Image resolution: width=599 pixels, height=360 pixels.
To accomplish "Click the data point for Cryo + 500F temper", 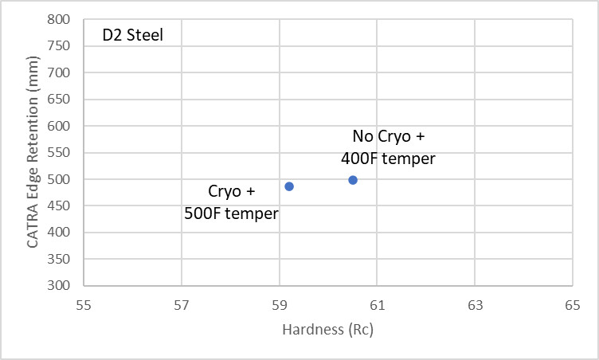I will tap(289, 186).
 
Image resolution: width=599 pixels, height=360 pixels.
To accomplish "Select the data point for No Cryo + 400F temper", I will tap(353, 180).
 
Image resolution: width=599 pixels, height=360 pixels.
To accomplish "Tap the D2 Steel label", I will tap(132, 36).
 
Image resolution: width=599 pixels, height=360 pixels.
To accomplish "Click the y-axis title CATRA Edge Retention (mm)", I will tap(33, 152).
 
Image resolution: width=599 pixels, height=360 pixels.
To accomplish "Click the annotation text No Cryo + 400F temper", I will tap(388, 147).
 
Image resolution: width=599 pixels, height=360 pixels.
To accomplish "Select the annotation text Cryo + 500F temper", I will tap(231, 202).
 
